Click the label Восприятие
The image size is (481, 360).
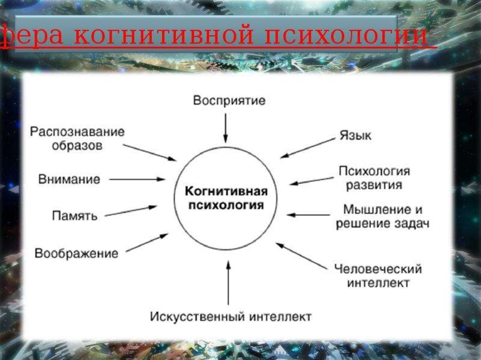click(229, 100)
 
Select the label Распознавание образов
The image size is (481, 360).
click(78, 138)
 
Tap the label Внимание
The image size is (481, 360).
click(70, 179)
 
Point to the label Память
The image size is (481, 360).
click(75, 216)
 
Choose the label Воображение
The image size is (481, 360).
click(76, 254)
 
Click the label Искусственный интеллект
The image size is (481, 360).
click(231, 317)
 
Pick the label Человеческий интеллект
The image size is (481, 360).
click(378, 276)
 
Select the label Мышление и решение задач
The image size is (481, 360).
click(382, 216)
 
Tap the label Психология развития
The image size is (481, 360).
click(374, 177)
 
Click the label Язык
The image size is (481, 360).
click(355, 136)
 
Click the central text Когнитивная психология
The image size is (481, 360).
click(226, 199)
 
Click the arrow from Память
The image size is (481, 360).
click(131, 211)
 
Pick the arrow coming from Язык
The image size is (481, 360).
click(307, 148)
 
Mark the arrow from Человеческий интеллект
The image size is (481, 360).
click(301, 256)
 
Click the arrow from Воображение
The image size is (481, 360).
click(147, 242)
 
